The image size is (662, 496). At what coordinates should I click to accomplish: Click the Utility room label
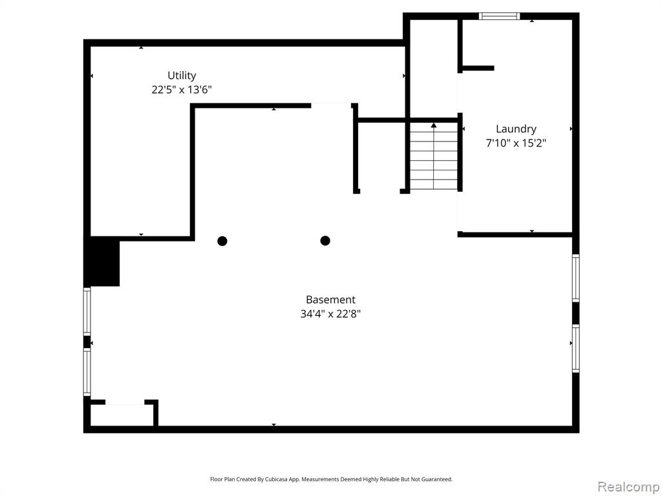182,76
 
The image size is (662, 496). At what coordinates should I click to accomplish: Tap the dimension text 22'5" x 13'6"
182,89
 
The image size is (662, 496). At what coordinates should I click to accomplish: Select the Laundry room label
516,129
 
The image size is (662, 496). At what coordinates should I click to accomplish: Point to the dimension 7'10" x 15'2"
516,143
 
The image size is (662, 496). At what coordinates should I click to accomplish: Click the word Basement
330,300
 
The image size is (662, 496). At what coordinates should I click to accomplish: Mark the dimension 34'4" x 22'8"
330,314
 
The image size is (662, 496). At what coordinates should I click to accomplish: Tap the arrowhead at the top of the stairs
434,125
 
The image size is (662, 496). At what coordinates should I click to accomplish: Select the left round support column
222,241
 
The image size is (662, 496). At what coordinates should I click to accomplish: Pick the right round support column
325,240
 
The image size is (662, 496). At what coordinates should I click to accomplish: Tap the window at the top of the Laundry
500,16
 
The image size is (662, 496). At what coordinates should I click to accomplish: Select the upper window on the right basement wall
575,278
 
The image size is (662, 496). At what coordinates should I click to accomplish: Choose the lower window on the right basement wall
575,348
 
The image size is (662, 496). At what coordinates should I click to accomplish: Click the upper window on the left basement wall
87,312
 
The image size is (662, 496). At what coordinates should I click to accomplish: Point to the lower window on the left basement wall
87,372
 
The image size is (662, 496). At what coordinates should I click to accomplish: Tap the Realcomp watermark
628,487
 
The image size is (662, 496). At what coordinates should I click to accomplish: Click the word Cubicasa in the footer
277,479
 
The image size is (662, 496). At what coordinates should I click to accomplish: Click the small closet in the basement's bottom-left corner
122,415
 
